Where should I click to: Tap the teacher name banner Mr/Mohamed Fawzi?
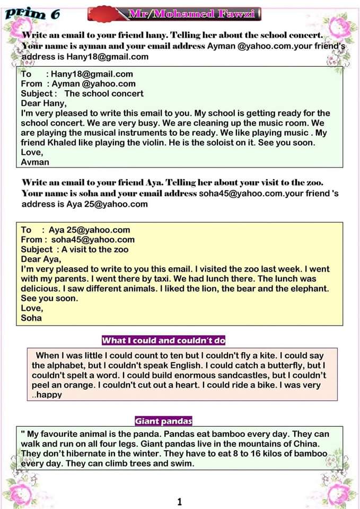(x=194, y=14)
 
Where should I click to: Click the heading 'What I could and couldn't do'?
(x=163, y=340)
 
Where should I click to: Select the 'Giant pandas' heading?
(x=163, y=422)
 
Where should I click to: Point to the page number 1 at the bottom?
(x=180, y=502)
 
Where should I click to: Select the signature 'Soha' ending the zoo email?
(x=31, y=318)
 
